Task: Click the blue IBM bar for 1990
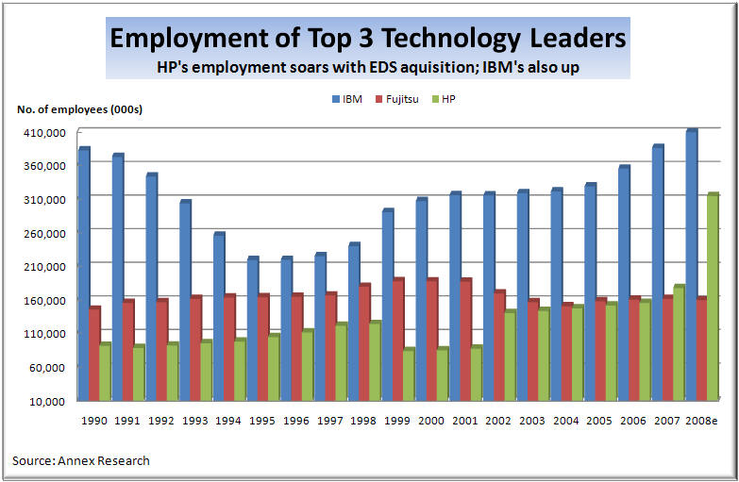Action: [83, 274]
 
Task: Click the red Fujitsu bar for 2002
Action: [499, 345]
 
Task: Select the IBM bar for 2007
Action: [657, 273]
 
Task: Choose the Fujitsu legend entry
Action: [395, 98]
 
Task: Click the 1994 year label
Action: [229, 421]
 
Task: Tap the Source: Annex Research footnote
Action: [81, 460]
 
